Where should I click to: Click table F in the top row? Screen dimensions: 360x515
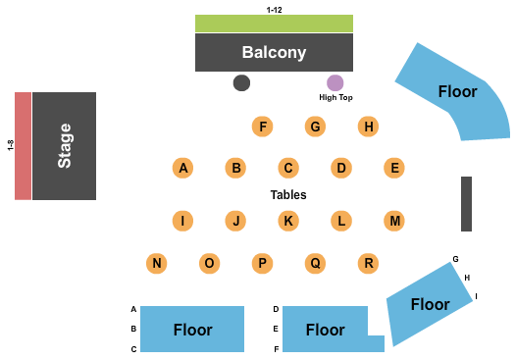(262, 126)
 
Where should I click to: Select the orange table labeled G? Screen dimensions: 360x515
(315, 126)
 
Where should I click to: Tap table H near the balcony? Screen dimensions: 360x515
(368, 126)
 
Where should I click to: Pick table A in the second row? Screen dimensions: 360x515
(182, 168)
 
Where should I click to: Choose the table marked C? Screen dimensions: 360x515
(287, 168)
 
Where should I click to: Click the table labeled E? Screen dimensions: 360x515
(393, 168)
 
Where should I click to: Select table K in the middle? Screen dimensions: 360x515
(287, 221)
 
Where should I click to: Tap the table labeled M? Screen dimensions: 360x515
(393, 221)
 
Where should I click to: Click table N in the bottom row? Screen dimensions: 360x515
(156, 263)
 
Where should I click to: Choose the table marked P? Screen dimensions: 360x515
(262, 263)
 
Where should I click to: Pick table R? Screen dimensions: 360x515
(368, 263)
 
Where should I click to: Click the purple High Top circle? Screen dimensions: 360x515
(335, 83)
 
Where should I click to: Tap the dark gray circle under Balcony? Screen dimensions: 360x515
(241, 83)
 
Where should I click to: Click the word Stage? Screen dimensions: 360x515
(65, 145)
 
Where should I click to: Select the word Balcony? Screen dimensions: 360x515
(275, 52)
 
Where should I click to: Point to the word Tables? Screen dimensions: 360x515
(288, 194)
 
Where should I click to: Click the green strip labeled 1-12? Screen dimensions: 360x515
(274, 24)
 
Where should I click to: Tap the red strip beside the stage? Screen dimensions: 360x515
(23, 145)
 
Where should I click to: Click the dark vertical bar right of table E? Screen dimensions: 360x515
(467, 204)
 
